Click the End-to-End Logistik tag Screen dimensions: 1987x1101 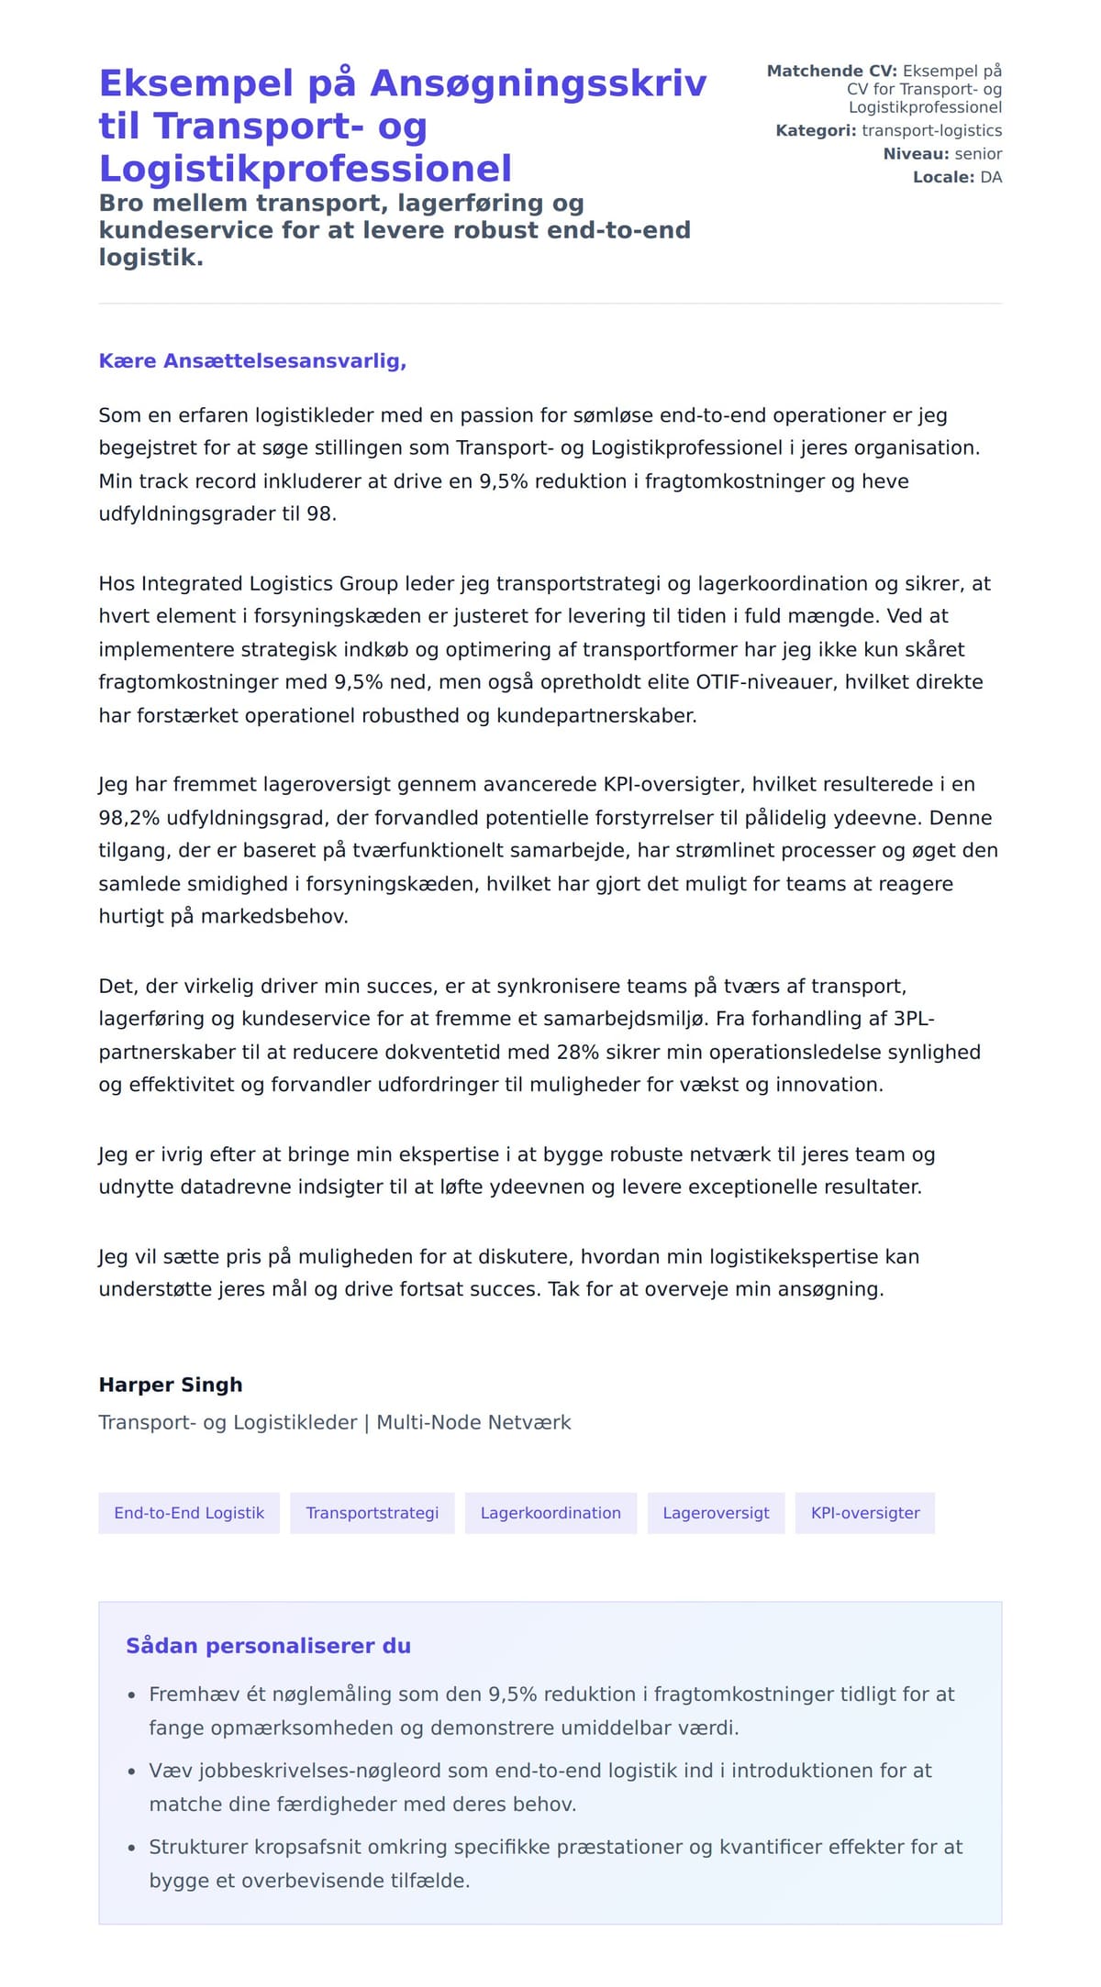pyautogui.click(x=189, y=1513)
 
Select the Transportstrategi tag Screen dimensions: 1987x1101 pyautogui.click(x=373, y=1513)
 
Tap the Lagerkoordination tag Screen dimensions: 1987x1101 pyautogui.click(x=550, y=1513)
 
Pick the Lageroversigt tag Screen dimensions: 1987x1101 pyautogui.click(x=716, y=1513)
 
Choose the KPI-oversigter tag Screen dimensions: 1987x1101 pyautogui.click(x=865, y=1513)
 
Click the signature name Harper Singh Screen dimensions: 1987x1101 pyautogui.click(x=171, y=1385)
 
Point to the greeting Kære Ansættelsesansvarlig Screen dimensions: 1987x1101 pyautogui.click(x=252, y=361)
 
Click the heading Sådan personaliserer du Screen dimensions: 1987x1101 pyautogui.click(x=268, y=1646)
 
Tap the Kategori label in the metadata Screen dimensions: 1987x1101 pyautogui.click(x=816, y=131)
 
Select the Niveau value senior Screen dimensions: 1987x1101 pyautogui.click(x=978, y=154)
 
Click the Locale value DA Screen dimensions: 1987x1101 pyautogui.click(x=991, y=177)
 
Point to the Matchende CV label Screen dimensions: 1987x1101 pyautogui.click(x=831, y=71)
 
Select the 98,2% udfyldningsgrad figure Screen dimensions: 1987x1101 pyautogui.click(x=129, y=818)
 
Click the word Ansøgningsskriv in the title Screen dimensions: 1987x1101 pyautogui.click(x=539, y=83)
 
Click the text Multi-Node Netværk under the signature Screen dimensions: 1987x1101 pyautogui.click(x=473, y=1422)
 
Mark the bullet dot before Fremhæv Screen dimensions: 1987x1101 pyautogui.click(x=132, y=1695)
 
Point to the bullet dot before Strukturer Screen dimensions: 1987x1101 pyautogui.click(x=132, y=1848)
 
